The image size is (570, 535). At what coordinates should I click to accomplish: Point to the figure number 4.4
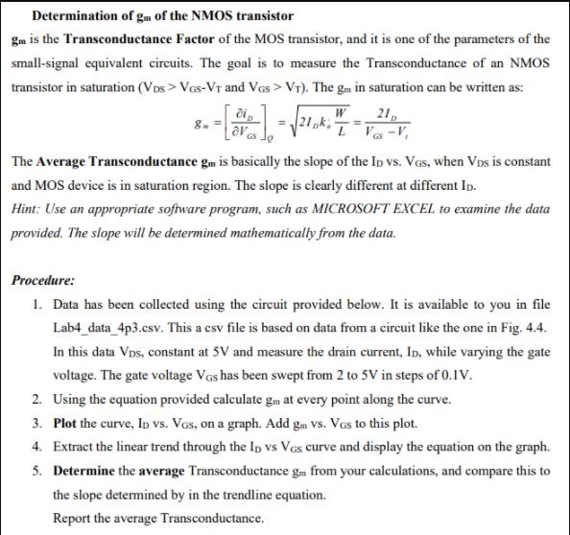click(531, 329)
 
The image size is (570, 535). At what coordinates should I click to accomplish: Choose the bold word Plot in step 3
click(67, 424)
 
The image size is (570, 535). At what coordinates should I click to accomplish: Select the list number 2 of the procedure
click(36, 400)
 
